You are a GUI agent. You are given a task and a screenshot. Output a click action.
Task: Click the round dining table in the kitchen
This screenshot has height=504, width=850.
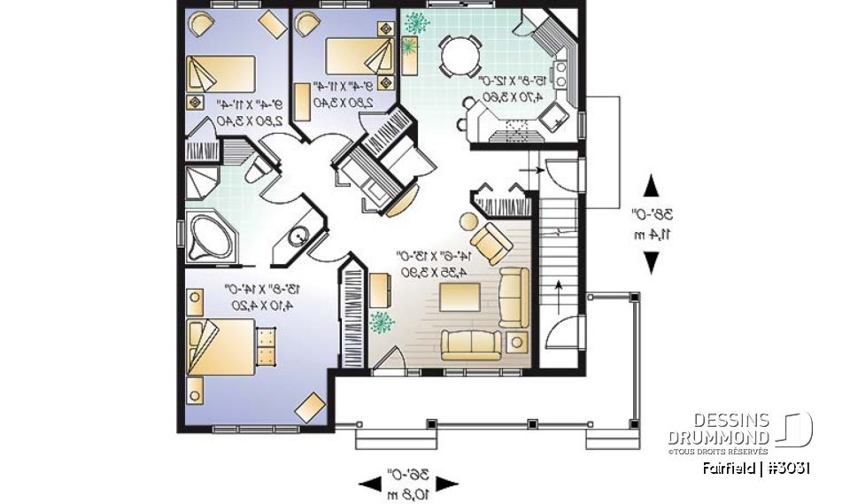(457, 58)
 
